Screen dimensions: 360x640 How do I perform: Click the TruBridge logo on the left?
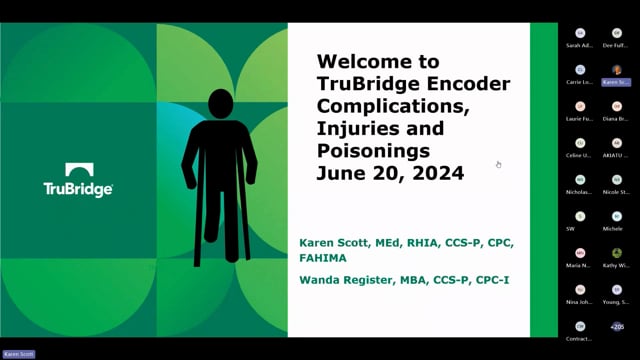point(78,180)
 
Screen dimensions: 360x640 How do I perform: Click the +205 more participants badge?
point(616,326)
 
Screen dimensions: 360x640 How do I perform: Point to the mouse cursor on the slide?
point(498,164)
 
